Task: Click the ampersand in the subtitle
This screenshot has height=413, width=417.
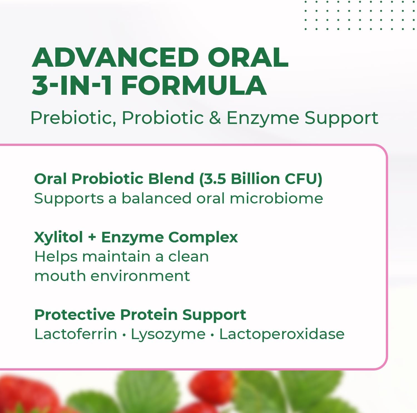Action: pyautogui.click(x=215, y=118)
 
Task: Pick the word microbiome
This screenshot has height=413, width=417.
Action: pyautogui.click(x=276, y=198)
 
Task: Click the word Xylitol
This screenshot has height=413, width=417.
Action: pyautogui.click(x=58, y=238)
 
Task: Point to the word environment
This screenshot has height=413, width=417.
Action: pyautogui.click(x=140, y=276)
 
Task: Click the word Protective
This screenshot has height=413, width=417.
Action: pyautogui.click(x=75, y=315)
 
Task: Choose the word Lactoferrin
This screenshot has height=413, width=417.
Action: pyautogui.click(x=76, y=334)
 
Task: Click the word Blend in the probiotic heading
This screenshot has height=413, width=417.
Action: pyautogui.click(x=171, y=178)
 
